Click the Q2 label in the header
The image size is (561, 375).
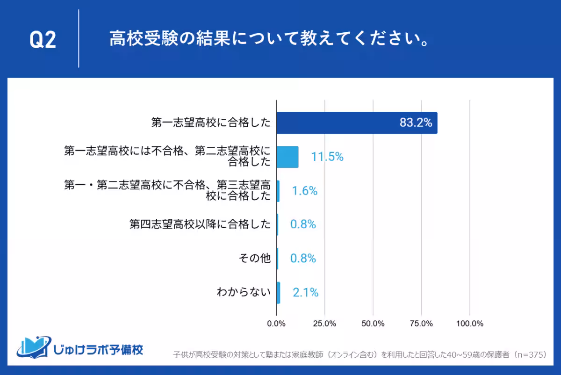[x=43, y=40]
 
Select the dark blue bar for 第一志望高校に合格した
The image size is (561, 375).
[x=357, y=123]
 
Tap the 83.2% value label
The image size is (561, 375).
[x=416, y=123]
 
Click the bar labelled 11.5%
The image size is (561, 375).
[x=287, y=157]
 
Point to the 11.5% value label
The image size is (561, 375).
[x=327, y=157]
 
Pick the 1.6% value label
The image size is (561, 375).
[x=305, y=191]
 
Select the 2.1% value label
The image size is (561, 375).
[x=305, y=293]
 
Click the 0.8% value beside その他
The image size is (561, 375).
[x=303, y=259]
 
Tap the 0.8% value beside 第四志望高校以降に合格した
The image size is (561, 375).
[x=303, y=224]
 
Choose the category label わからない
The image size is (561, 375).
[x=244, y=293]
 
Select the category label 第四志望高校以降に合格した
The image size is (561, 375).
[x=200, y=224]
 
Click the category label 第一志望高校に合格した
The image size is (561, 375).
[x=211, y=123]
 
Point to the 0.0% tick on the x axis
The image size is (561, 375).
[x=276, y=324]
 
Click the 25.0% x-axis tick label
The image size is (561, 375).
[x=324, y=324]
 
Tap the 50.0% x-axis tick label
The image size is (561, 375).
[x=373, y=324]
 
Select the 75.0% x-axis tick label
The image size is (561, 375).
[x=421, y=324]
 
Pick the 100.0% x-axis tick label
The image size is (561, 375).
[x=470, y=324]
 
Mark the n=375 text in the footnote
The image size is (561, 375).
[x=530, y=354]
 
